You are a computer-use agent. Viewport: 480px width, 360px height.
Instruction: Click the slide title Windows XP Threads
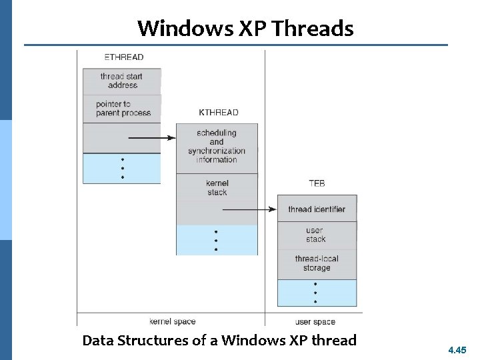point(245,29)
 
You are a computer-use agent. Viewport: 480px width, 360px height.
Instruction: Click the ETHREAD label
point(123,57)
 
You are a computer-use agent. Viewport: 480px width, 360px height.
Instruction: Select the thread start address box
point(122,81)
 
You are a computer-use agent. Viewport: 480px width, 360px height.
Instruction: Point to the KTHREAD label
point(218,113)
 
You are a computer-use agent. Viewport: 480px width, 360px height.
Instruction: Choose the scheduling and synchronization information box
point(217,147)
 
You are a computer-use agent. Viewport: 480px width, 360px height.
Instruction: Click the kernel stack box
point(217,188)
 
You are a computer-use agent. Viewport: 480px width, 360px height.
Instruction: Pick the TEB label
point(317,183)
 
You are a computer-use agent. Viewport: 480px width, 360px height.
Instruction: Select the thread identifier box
point(317,209)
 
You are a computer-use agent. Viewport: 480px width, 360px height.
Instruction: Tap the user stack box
point(316,235)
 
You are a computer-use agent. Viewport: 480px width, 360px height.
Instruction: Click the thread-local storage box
point(317,263)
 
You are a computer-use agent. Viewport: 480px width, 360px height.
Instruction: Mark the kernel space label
point(173,321)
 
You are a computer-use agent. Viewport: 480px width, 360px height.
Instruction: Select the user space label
point(315,321)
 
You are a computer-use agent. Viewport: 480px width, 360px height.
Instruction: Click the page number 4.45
point(457,349)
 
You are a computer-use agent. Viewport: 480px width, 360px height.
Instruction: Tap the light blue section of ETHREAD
point(122,169)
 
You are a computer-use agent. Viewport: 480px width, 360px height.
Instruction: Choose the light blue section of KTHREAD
point(217,240)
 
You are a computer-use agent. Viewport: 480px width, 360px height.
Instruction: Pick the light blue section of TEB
point(317,293)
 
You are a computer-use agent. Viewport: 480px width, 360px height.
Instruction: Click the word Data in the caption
point(98,341)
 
